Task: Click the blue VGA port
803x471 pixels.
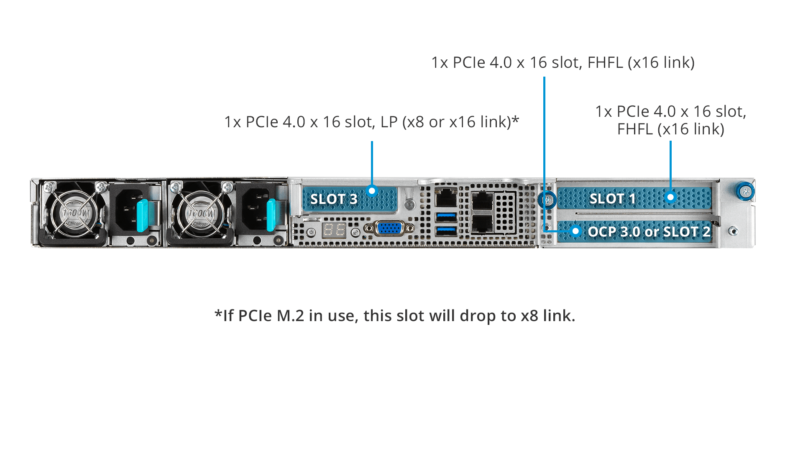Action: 389,228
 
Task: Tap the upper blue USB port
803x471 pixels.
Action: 446,217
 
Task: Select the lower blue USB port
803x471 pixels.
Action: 446,231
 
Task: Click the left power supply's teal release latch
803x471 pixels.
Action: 142,215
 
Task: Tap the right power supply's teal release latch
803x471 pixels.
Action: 271,215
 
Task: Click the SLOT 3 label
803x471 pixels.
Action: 334,199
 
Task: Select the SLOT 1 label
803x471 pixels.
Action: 612,198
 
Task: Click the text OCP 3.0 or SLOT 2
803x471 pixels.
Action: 649,232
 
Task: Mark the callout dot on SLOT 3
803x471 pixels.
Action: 372,191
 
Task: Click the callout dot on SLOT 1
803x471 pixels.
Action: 670,197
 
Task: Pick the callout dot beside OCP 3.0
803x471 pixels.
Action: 576,231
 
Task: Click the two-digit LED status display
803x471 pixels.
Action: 334,230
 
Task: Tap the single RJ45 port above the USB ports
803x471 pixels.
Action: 446,197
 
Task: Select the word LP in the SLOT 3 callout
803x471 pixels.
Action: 389,122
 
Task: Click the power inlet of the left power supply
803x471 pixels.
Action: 127,209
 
